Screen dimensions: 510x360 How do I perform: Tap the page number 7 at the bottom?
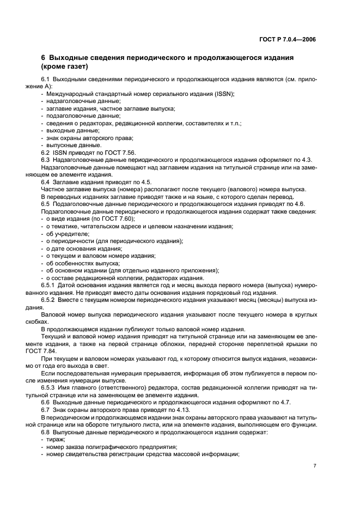click(315, 465)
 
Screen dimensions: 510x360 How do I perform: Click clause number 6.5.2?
click(49, 300)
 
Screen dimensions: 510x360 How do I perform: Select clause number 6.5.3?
click(49, 386)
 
